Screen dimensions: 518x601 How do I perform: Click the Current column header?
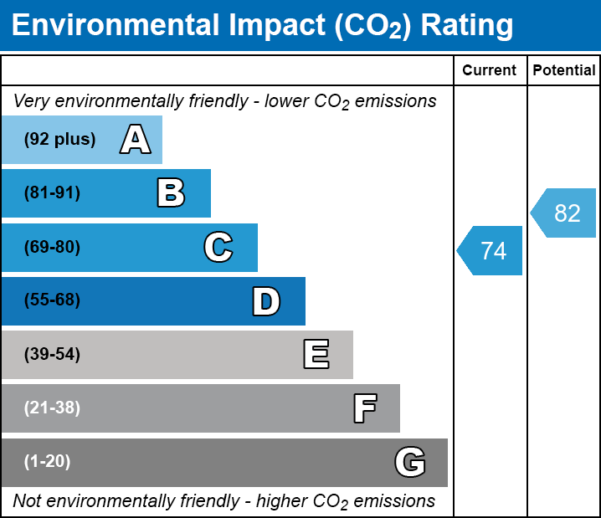pyautogui.click(x=490, y=71)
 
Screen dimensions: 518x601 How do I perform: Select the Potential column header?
pyautogui.click(x=564, y=71)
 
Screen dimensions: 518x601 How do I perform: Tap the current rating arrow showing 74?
pyautogui.click(x=491, y=250)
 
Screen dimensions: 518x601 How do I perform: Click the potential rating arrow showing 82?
pyautogui.click(x=564, y=213)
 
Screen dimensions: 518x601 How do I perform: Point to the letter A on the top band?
pyautogui.click(x=135, y=140)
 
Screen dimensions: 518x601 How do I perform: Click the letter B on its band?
pyautogui.click(x=171, y=193)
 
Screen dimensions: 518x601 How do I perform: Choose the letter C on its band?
pyautogui.click(x=218, y=247)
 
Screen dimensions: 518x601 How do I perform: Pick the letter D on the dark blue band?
pyautogui.click(x=266, y=301)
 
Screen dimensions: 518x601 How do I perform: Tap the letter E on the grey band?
pyautogui.click(x=316, y=355)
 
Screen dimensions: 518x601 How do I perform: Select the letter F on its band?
pyautogui.click(x=364, y=408)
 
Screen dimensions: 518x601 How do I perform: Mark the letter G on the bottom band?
pyautogui.click(x=410, y=462)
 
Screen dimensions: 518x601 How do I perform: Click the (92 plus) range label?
pyautogui.click(x=59, y=140)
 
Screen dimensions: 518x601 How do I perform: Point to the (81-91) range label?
pyautogui.click(x=52, y=193)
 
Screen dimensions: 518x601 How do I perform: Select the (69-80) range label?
pyautogui.click(x=52, y=247)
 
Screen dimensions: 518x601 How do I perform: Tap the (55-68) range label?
pyautogui.click(x=52, y=300)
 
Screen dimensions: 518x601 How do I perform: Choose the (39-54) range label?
pyautogui.click(x=52, y=355)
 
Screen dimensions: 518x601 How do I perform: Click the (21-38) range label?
pyautogui.click(x=52, y=408)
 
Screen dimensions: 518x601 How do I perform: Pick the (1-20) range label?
pyautogui.click(x=47, y=462)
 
